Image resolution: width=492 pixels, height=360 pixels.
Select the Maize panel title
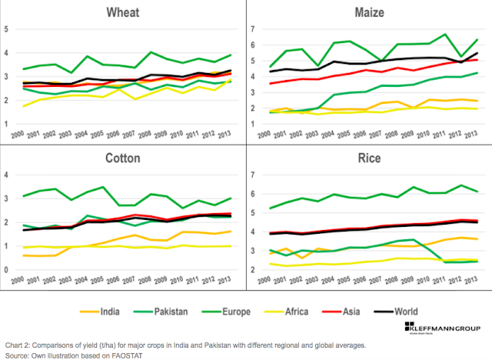point(364,12)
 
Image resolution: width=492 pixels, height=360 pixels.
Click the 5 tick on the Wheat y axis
point(7,29)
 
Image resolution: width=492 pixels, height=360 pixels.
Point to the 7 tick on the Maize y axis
point(253,29)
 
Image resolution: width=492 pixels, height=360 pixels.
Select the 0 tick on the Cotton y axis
point(7,271)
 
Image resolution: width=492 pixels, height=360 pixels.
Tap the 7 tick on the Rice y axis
point(253,175)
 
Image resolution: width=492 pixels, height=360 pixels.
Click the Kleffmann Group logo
point(449,335)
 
